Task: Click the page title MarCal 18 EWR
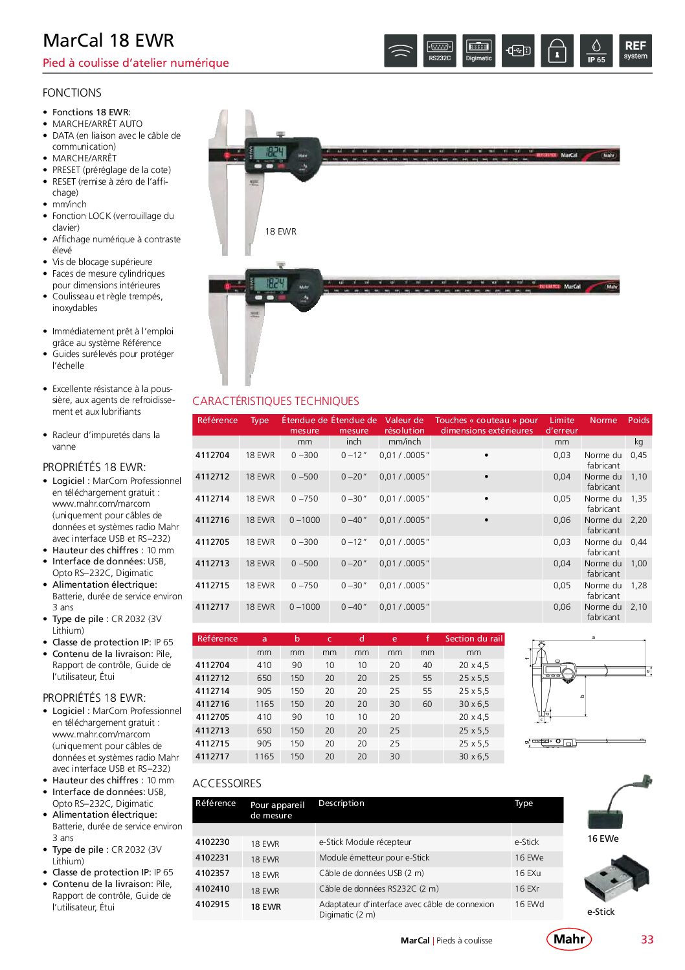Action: point(108,40)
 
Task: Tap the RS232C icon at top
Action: point(440,51)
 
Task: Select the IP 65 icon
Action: point(596,51)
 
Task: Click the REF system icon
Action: point(635,51)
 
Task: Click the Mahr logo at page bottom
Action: point(569,939)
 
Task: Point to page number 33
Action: point(647,940)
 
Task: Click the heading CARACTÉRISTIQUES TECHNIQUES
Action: point(275,401)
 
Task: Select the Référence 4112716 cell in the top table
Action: point(212,520)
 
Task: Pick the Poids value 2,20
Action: point(638,520)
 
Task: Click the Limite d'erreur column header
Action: point(561,425)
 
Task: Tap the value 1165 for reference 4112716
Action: point(264,704)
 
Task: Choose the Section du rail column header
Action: point(473,639)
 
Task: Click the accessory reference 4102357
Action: point(212,873)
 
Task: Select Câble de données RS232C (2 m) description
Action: point(379,889)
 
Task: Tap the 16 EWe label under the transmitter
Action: point(603,838)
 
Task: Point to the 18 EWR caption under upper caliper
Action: point(280,231)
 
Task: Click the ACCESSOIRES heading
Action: point(227,783)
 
